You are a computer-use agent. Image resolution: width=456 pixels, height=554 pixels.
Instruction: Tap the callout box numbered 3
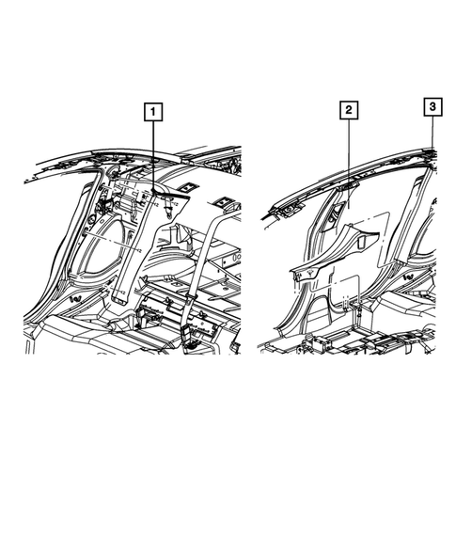point(432,108)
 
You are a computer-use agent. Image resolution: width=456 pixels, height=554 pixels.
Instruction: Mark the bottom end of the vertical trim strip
point(121,299)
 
